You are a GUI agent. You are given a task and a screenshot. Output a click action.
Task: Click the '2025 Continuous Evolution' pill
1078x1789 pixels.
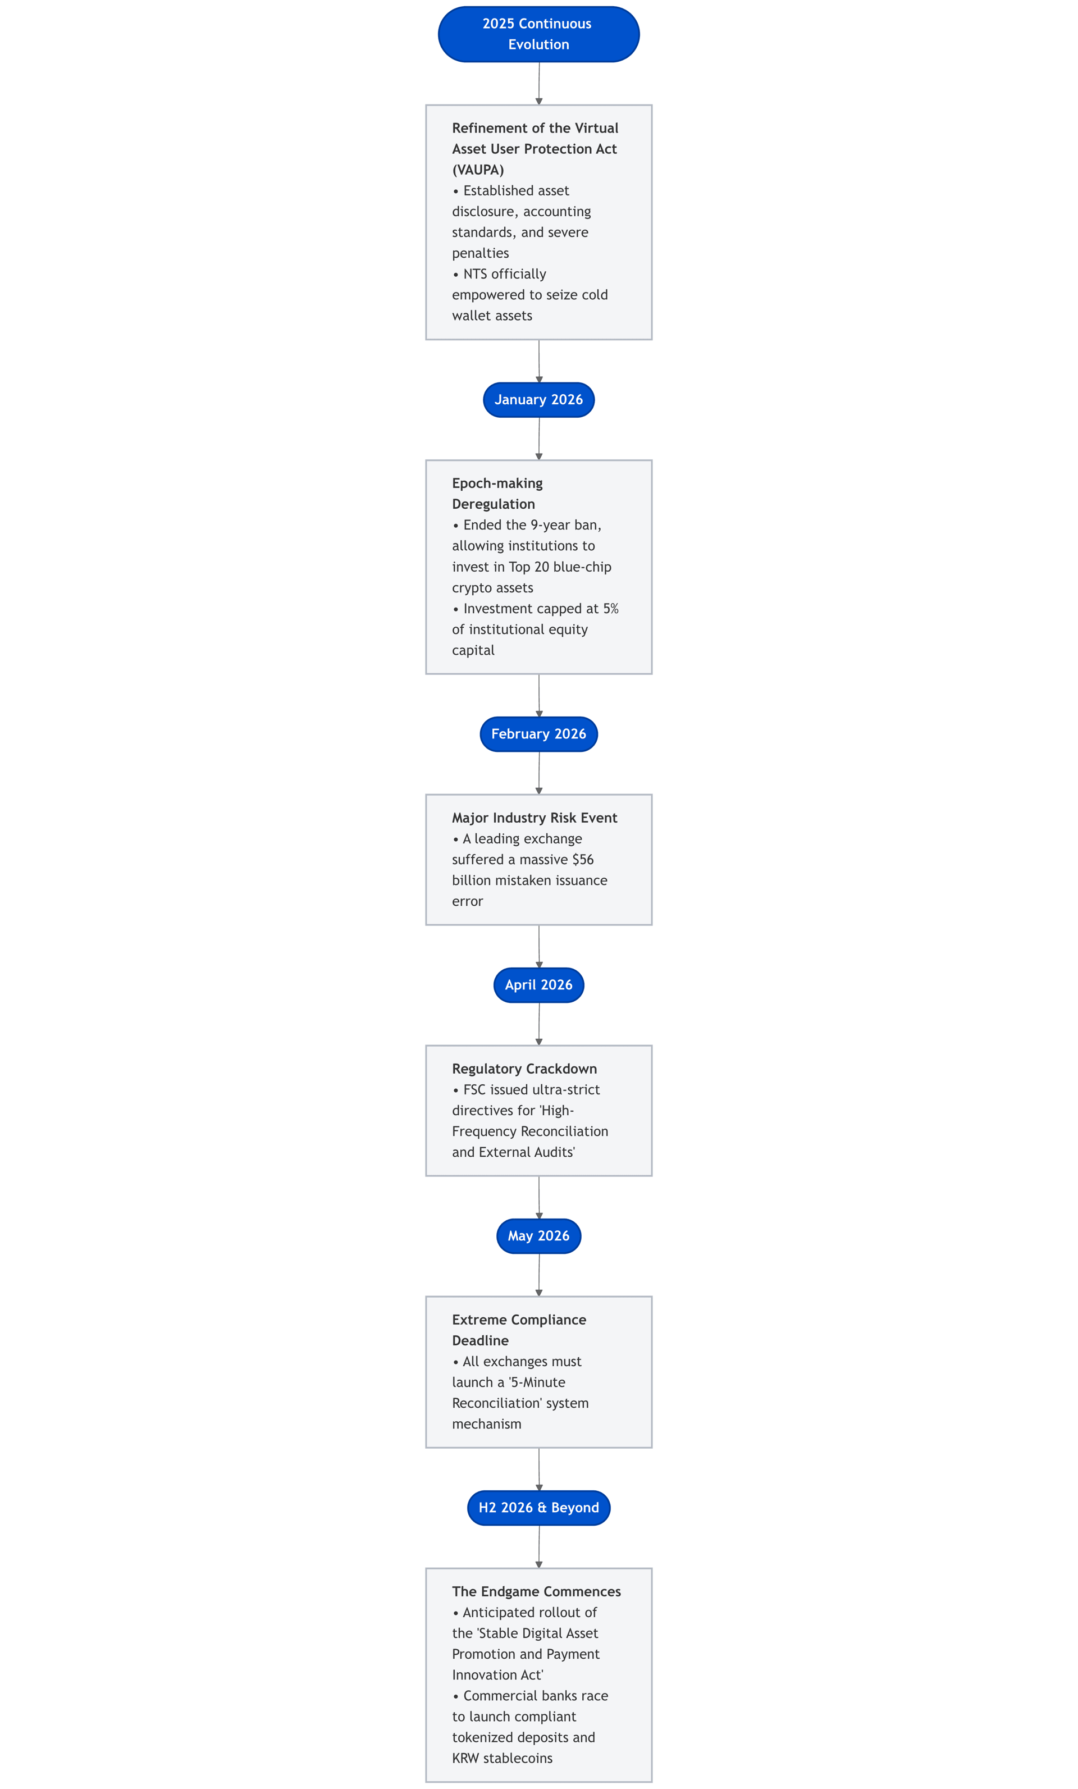coord(538,34)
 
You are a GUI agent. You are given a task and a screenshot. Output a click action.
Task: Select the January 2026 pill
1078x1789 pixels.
coord(538,400)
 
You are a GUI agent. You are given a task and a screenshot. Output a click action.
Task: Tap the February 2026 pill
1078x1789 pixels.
coord(538,734)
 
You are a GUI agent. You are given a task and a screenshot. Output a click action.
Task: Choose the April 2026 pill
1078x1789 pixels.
coord(538,985)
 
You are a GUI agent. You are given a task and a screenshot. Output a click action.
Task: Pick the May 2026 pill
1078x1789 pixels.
coord(538,1236)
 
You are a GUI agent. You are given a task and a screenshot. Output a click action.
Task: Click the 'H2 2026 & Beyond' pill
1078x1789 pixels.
coord(538,1508)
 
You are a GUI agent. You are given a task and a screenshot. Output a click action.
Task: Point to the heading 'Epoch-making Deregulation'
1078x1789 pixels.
coord(497,494)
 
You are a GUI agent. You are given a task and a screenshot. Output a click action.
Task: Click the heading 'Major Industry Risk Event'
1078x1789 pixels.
coord(535,818)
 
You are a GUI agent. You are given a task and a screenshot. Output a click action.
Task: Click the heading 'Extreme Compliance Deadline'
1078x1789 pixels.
coord(519,1330)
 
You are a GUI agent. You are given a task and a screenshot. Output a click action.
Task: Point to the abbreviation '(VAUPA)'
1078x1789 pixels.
coord(478,170)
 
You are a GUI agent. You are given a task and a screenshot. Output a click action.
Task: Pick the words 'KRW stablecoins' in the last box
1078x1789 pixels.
coord(503,1759)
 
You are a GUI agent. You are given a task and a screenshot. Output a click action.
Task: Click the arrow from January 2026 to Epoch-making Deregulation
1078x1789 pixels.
coord(538,439)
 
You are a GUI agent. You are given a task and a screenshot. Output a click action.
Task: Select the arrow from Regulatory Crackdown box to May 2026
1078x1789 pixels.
coord(538,1197)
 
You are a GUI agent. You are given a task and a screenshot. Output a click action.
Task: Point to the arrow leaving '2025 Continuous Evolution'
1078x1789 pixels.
coord(538,84)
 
